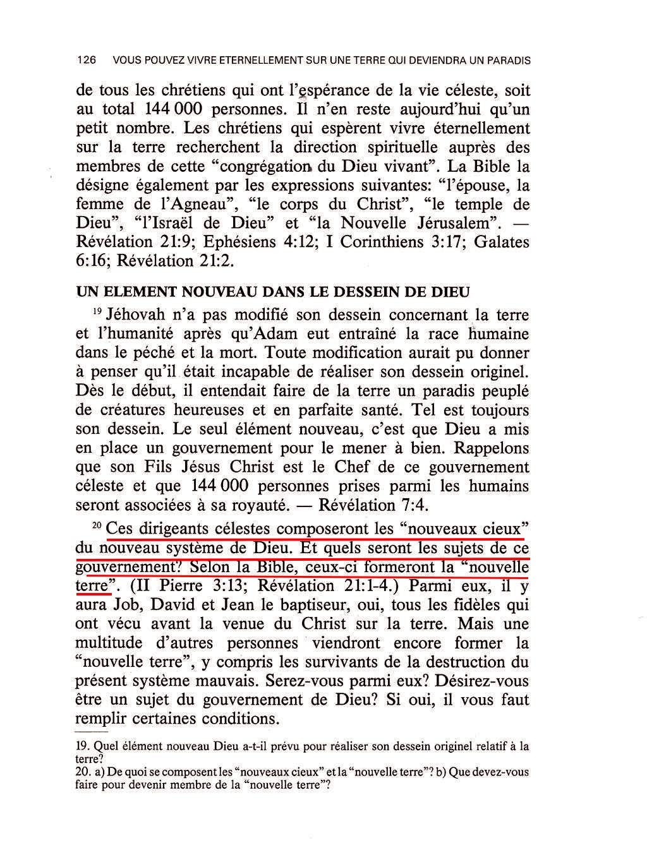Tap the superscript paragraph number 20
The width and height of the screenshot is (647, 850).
[x=97, y=525]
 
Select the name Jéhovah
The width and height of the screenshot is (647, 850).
[x=136, y=314]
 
